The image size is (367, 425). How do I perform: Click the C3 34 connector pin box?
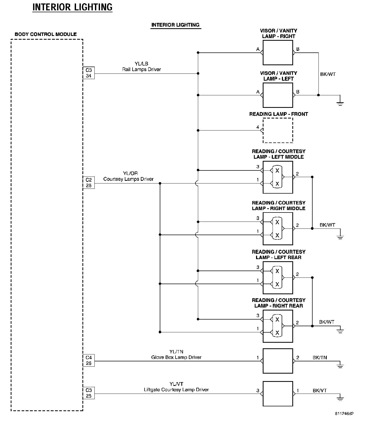(89, 73)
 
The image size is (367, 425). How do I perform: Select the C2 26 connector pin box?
(89, 183)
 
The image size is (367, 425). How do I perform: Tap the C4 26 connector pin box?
(89, 360)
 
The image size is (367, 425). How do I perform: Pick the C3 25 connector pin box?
(89, 393)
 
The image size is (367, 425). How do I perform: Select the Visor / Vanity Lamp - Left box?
(278, 95)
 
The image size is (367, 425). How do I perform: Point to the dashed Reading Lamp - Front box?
(278, 130)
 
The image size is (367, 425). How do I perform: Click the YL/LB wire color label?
(141, 64)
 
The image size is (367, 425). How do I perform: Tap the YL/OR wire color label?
(130, 173)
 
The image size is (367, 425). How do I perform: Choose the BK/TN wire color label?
(320, 358)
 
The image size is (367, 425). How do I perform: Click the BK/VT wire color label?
(320, 391)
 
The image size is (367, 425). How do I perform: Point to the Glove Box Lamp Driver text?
(176, 357)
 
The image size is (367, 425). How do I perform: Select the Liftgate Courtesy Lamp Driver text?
(176, 390)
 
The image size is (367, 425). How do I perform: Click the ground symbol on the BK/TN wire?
(340, 365)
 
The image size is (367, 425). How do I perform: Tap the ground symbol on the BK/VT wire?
(340, 398)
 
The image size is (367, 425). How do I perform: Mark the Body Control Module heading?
(46, 34)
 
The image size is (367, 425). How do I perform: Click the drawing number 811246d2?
(344, 414)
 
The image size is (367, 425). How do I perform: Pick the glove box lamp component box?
(278, 361)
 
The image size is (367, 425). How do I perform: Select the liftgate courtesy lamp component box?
(278, 394)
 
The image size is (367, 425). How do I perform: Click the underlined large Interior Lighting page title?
(73, 7)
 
